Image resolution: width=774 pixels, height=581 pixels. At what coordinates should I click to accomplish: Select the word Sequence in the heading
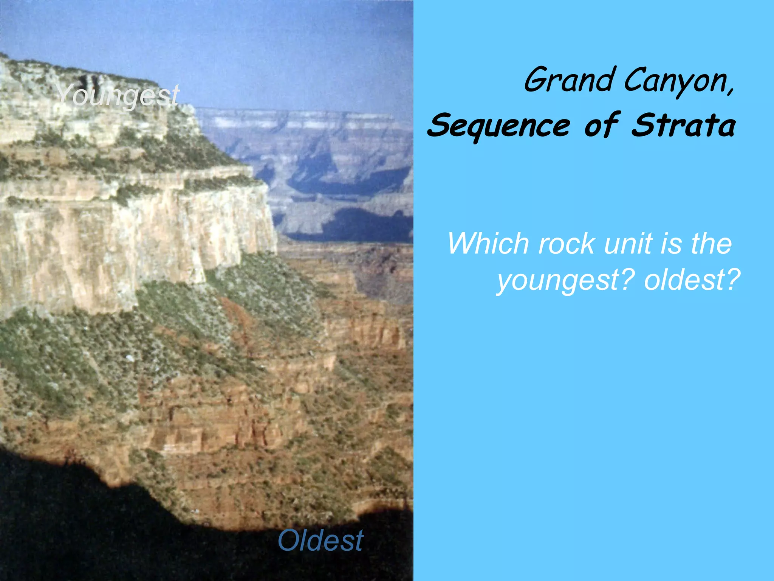coord(499,126)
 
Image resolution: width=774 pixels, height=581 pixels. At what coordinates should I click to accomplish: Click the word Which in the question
coord(488,244)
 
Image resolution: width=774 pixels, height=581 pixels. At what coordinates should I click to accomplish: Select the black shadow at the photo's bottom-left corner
coord(57,530)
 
